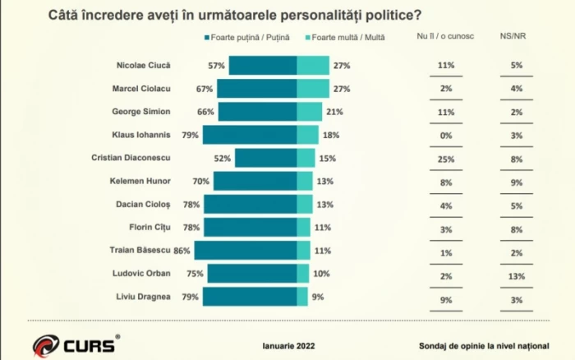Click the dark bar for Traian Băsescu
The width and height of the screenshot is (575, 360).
coord(246,250)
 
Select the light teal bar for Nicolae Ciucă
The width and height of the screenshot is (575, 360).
coord(313,66)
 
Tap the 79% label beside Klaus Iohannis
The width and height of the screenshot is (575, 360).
coord(191,135)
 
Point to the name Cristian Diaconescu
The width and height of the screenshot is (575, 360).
coord(147,157)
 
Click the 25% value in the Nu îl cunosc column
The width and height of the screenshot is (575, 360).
coord(446,157)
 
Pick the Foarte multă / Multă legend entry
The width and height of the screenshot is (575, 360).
coord(348,38)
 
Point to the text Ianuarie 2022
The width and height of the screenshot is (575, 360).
coord(288,346)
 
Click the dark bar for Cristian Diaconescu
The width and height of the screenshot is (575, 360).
coord(266,158)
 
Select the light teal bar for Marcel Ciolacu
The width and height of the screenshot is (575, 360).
coord(313,89)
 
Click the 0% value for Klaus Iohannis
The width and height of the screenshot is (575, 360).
coord(446,135)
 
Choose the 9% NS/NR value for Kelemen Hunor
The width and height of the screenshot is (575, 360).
coord(517,181)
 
